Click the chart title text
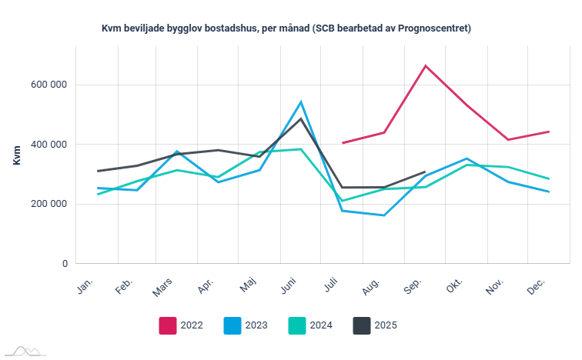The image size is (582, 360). coord(286,28)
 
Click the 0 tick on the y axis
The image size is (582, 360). coord(65,264)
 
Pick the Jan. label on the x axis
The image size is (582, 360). coord(85,286)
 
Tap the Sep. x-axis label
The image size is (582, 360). coord(413,286)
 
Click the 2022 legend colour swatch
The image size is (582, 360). coord(168,325)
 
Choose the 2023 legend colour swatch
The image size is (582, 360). coord(232,325)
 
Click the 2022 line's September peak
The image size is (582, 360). coord(425,65)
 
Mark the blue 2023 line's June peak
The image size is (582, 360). coord(301,102)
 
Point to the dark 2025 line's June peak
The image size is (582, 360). coord(301,118)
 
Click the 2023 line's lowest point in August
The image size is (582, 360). coord(383,215)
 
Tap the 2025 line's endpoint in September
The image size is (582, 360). coord(425,172)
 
